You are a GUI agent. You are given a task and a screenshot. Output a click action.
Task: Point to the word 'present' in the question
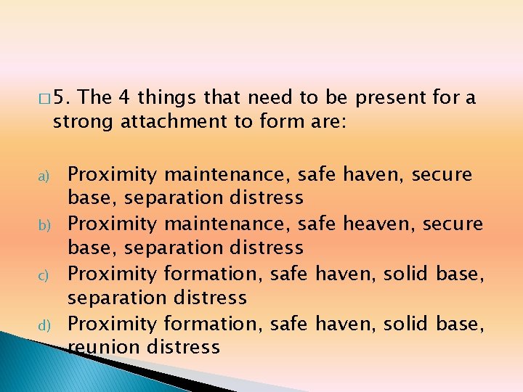click(391, 97)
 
